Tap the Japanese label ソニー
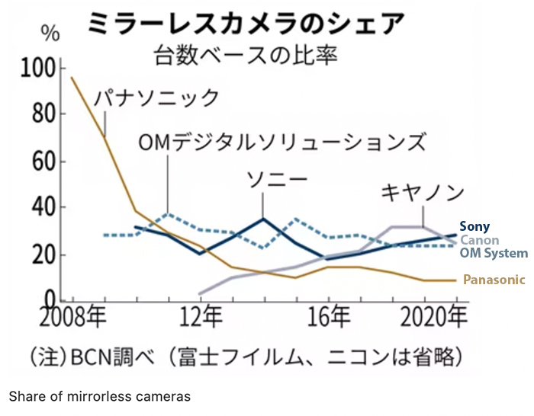(276, 180)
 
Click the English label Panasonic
(494, 280)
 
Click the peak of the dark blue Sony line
(262, 219)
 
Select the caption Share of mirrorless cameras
(99, 396)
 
